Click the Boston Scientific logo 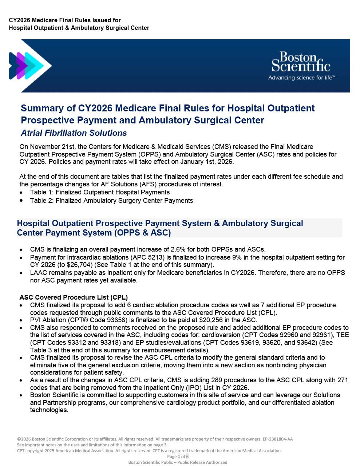click(x=301, y=62)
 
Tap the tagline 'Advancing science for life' click(x=301, y=78)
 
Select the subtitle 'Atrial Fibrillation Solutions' click(x=74, y=133)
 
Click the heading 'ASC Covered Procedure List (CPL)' click(x=74, y=297)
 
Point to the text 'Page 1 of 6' click(x=178, y=457)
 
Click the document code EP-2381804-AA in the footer click(x=277, y=439)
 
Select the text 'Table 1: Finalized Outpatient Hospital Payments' click(x=100, y=192)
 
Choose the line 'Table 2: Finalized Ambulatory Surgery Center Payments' click(x=111, y=201)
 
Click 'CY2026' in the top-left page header click(x=20, y=20)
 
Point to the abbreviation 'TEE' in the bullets click(x=342, y=335)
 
